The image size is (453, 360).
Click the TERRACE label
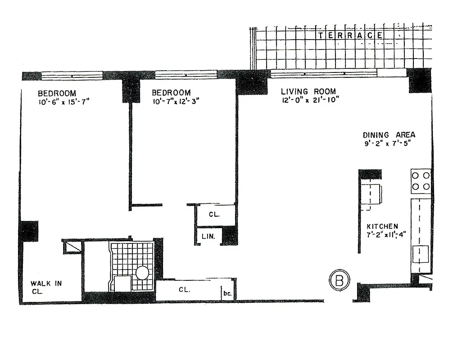tap(351, 35)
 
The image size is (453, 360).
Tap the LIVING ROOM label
tap(308, 91)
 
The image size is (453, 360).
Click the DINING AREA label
tap(389, 135)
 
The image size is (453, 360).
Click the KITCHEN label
tap(382, 226)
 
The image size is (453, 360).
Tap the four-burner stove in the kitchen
tap(421, 180)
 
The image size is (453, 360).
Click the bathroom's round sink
tap(142, 273)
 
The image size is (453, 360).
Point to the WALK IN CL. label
tap(46, 287)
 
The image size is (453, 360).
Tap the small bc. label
tap(227, 294)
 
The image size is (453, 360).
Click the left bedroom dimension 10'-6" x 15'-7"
tap(64, 102)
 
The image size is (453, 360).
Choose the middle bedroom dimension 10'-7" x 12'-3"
tap(175, 102)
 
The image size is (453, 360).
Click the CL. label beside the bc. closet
tap(184, 290)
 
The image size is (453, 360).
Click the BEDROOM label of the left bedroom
tap(57, 94)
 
